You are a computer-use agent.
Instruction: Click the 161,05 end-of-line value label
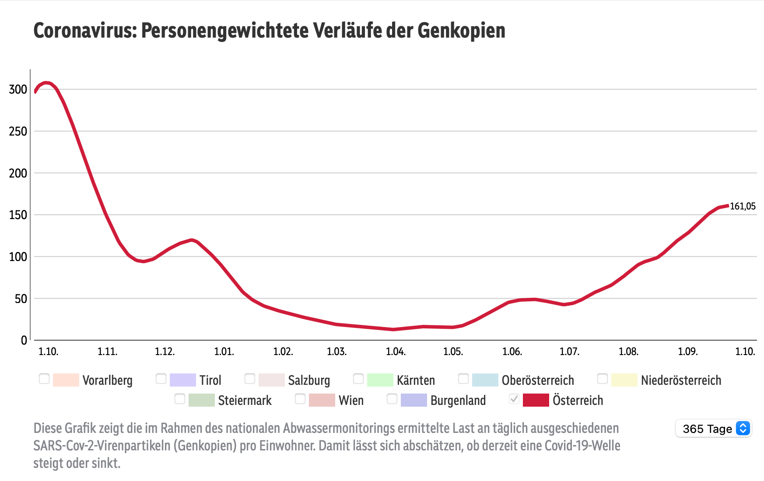[743, 206]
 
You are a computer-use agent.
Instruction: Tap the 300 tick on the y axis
[18, 90]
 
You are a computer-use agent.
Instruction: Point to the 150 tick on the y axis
[18, 215]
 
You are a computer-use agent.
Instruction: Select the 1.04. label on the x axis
[396, 352]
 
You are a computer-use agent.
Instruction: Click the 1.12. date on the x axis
[165, 352]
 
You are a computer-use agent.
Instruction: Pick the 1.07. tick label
[569, 352]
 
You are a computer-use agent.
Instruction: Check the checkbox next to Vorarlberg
[44, 379]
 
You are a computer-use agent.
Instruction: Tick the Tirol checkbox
[161, 379]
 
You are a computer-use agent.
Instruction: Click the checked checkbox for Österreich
[514, 399]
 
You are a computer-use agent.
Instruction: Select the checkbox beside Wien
[300, 399]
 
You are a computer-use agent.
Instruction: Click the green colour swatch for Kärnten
[380, 380]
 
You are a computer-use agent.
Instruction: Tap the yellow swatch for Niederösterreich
[624, 380]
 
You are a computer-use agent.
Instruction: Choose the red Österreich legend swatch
[536, 400]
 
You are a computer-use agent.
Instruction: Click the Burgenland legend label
[458, 401]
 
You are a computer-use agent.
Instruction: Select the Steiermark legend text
[245, 401]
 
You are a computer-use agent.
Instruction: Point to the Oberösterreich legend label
[537, 380]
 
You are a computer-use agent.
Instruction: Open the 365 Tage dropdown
[713, 429]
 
